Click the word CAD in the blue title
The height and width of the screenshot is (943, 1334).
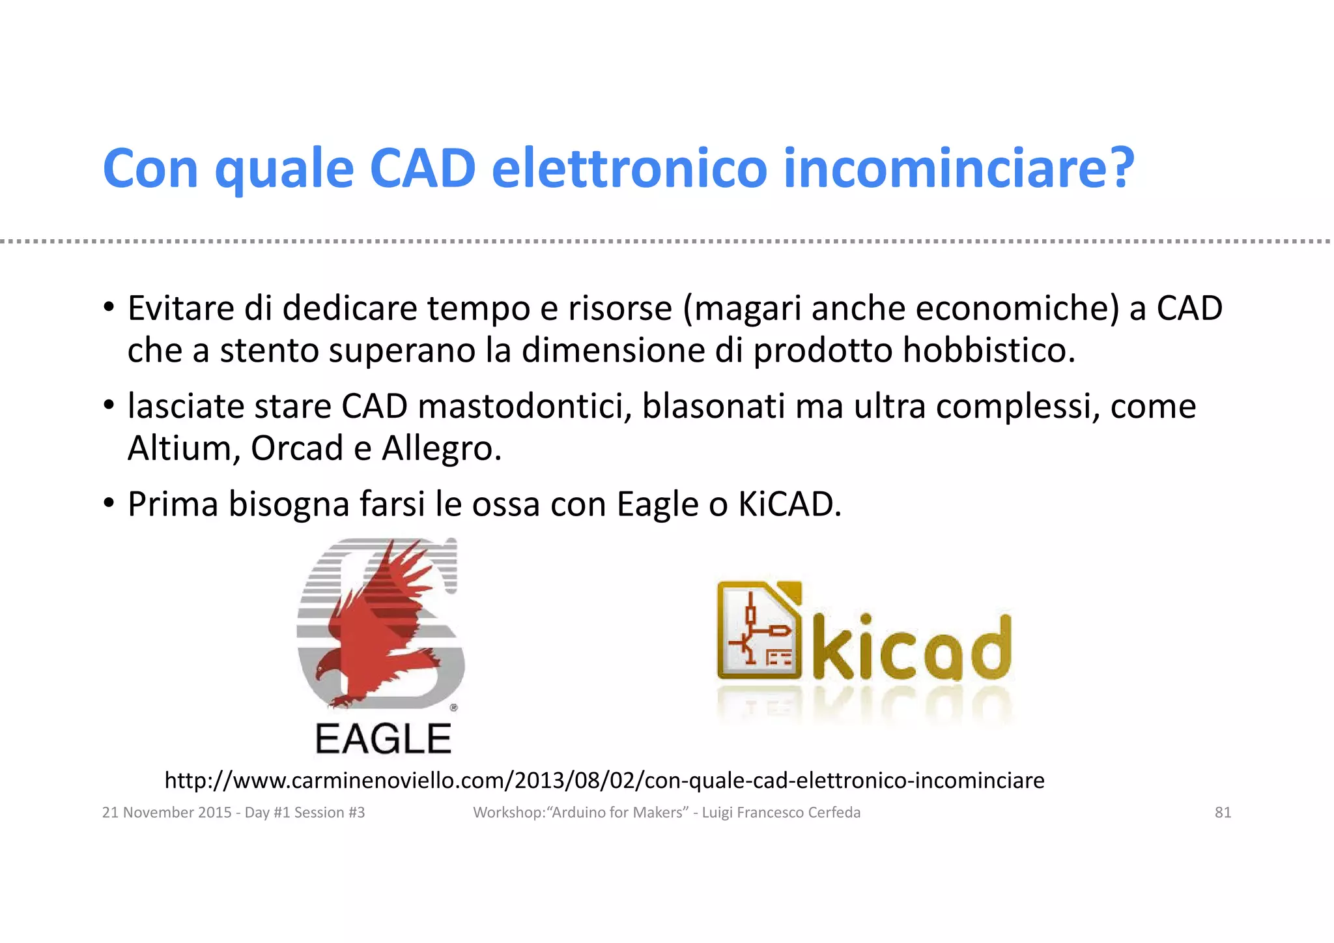422,169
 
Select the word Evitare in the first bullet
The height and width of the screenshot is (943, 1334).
180,308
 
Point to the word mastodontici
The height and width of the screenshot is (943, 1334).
525,407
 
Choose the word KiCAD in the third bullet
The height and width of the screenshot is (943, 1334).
788,504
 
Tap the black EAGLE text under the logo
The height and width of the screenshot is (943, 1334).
383,739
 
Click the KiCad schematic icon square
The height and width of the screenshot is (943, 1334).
759,630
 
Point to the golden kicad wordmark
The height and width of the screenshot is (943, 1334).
913,646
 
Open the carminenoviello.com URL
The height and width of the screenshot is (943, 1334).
604,780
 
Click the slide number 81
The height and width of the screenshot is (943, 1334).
1223,813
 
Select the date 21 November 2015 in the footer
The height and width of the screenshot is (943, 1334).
167,813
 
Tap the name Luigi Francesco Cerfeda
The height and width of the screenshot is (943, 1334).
781,813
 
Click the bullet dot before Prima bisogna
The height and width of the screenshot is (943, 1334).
109,503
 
